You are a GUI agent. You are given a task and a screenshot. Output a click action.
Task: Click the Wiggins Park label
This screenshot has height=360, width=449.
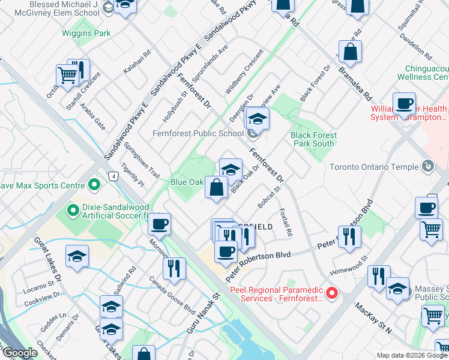tap(86, 34)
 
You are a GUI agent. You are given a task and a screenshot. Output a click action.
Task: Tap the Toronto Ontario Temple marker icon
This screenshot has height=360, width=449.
tap(427, 165)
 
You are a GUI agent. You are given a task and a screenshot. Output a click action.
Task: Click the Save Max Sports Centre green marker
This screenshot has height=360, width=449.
tap(94, 184)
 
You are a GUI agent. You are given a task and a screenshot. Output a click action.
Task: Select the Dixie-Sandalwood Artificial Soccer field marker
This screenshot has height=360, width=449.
tap(73, 210)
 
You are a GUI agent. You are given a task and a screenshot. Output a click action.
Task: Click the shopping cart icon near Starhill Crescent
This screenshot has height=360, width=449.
tap(68, 76)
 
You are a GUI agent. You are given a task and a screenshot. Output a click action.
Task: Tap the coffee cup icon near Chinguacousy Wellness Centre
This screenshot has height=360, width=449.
tap(404, 103)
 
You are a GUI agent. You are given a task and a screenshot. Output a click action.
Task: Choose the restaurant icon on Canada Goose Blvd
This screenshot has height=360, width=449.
tap(174, 268)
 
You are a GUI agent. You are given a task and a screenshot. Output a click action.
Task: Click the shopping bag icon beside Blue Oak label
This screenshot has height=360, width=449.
tap(216, 187)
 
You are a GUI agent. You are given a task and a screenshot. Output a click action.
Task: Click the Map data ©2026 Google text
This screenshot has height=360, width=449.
tap(412, 355)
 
